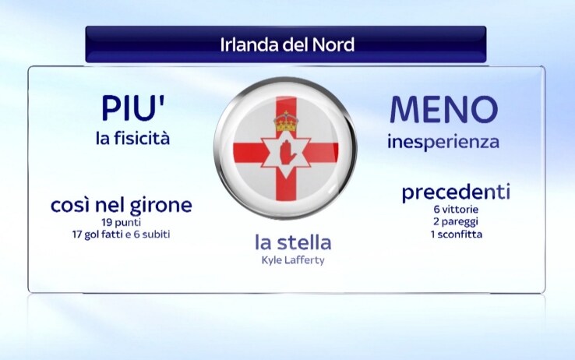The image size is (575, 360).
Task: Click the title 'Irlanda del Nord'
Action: coord(287,44)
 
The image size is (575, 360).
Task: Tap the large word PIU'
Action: coord(133,108)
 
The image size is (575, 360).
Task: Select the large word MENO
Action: coord(444,110)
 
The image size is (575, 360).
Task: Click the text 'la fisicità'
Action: coord(132,139)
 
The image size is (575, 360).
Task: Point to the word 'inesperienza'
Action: coord(443,143)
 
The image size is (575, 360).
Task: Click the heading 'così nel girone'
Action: coord(122,205)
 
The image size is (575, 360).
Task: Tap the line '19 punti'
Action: coord(122,223)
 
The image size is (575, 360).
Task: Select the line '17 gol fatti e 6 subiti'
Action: coord(122,235)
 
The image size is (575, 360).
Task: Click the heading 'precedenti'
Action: coord(457,192)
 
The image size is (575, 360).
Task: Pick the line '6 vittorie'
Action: coord(456,210)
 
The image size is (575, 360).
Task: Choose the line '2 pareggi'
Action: coord(456,222)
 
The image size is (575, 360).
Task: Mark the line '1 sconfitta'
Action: coord(457,235)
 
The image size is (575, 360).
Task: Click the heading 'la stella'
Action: coord(293,242)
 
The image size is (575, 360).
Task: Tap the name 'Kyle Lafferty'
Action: coord(293,260)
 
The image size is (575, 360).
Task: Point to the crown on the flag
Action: coord(286,122)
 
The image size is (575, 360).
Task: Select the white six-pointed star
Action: coord(286,152)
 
